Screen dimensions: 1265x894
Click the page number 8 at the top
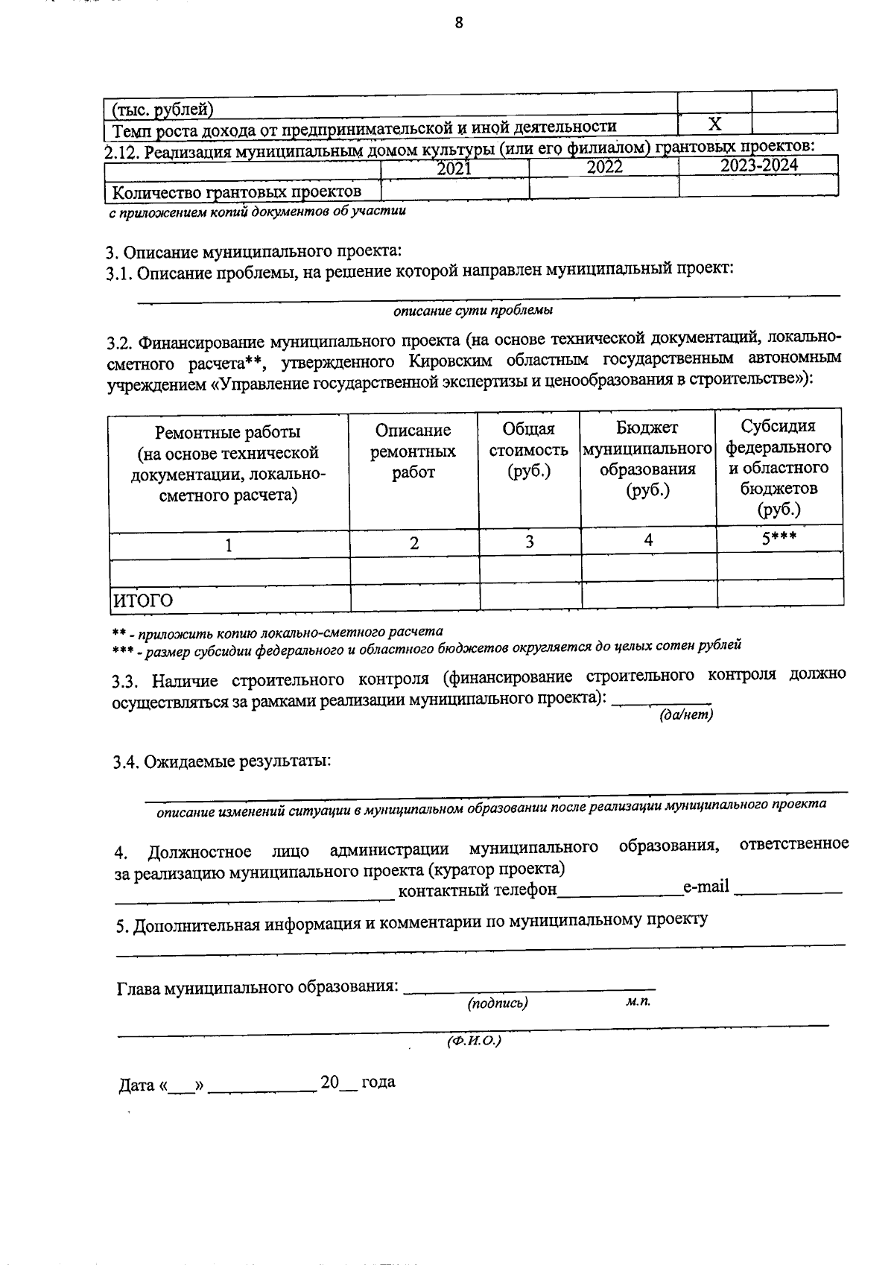[x=459, y=23]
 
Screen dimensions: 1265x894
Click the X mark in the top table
[x=714, y=124]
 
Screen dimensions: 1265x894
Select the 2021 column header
[x=454, y=168]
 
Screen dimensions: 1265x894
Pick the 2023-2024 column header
[x=758, y=165]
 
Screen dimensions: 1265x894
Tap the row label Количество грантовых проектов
[x=237, y=192]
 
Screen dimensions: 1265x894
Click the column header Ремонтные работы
[x=228, y=432]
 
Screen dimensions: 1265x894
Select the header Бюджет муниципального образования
[x=647, y=459]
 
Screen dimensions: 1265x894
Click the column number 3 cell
[x=530, y=542]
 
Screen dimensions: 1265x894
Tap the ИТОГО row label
[x=142, y=600]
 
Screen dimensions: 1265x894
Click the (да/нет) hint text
[x=686, y=714]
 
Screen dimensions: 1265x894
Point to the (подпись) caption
[x=498, y=1003]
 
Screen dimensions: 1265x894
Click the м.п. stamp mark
[x=638, y=1001]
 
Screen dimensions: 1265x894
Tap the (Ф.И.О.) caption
[x=474, y=1041]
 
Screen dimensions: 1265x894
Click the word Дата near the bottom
[x=136, y=1085]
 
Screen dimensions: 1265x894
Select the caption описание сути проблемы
[x=473, y=310]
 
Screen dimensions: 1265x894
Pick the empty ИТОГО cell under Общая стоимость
[x=530, y=595]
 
